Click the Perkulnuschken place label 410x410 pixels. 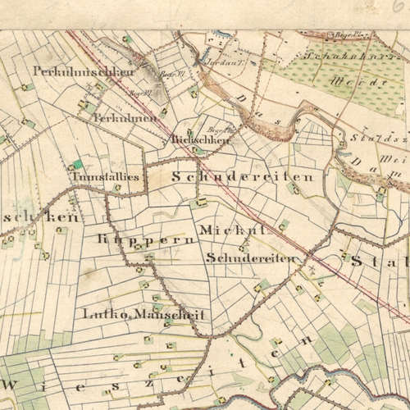(83, 71)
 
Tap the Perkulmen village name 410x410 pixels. (125, 119)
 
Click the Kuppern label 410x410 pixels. (146, 239)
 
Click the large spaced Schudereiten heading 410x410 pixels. (243, 176)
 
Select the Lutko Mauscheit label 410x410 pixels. (143, 314)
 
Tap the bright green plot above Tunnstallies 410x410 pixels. (78, 164)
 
